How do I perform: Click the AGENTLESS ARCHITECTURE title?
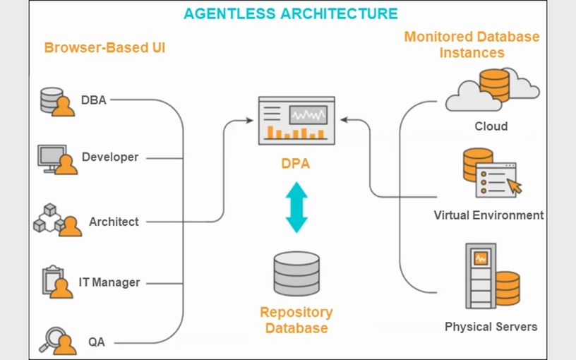[290, 13]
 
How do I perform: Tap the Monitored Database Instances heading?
[472, 44]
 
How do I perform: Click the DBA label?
[93, 100]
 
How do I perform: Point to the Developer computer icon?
[56, 160]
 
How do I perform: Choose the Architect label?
[114, 222]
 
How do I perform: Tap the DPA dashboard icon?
[294, 118]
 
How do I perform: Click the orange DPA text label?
[295, 164]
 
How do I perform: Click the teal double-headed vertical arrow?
[296, 208]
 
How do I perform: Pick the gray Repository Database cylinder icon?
[296, 273]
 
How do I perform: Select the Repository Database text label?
[296, 320]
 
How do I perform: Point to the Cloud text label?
[491, 126]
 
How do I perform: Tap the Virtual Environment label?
[488, 215]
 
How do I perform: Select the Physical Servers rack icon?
[481, 276]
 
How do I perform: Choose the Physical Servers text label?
[491, 327]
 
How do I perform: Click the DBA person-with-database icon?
[57, 102]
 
